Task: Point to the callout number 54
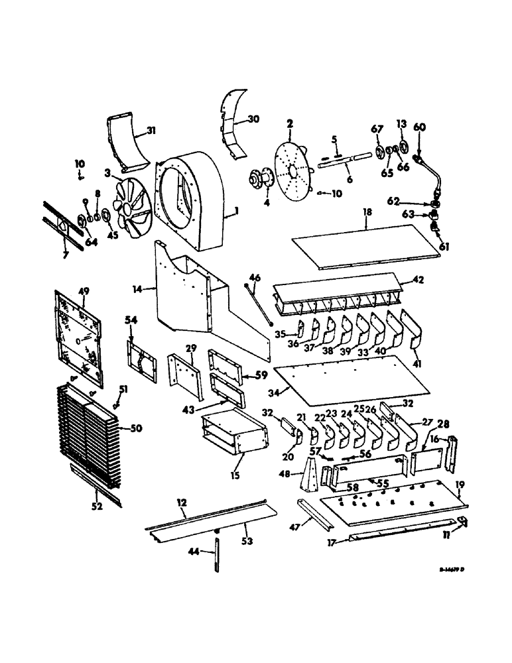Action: (131, 320)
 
